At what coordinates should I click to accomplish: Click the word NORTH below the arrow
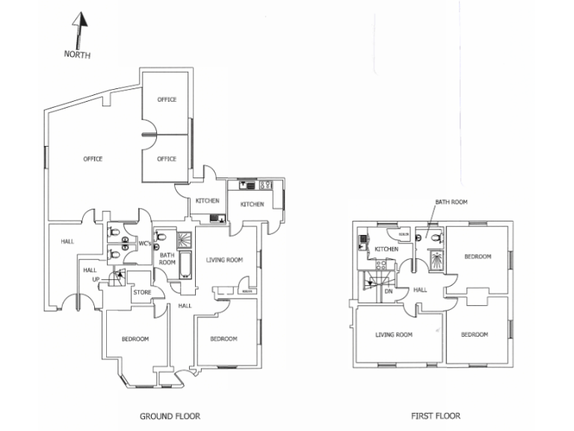click(77, 54)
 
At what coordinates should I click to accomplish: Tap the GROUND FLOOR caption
click(170, 415)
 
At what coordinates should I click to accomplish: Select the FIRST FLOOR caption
click(436, 415)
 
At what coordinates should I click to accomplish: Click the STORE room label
click(142, 292)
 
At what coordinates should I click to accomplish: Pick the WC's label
click(145, 244)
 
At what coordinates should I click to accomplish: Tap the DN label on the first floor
click(389, 291)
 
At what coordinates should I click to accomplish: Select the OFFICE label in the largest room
click(93, 159)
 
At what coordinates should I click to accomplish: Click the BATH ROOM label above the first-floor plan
click(451, 202)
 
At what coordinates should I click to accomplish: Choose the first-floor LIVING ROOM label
click(394, 334)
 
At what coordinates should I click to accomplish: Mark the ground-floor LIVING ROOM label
click(225, 260)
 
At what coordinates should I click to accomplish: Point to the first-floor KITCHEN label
click(386, 249)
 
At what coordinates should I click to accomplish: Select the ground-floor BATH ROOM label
click(167, 258)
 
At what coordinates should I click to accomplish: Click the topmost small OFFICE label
click(166, 100)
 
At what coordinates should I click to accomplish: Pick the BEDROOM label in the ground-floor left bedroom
click(135, 339)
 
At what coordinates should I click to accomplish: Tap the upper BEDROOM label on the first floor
click(478, 257)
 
